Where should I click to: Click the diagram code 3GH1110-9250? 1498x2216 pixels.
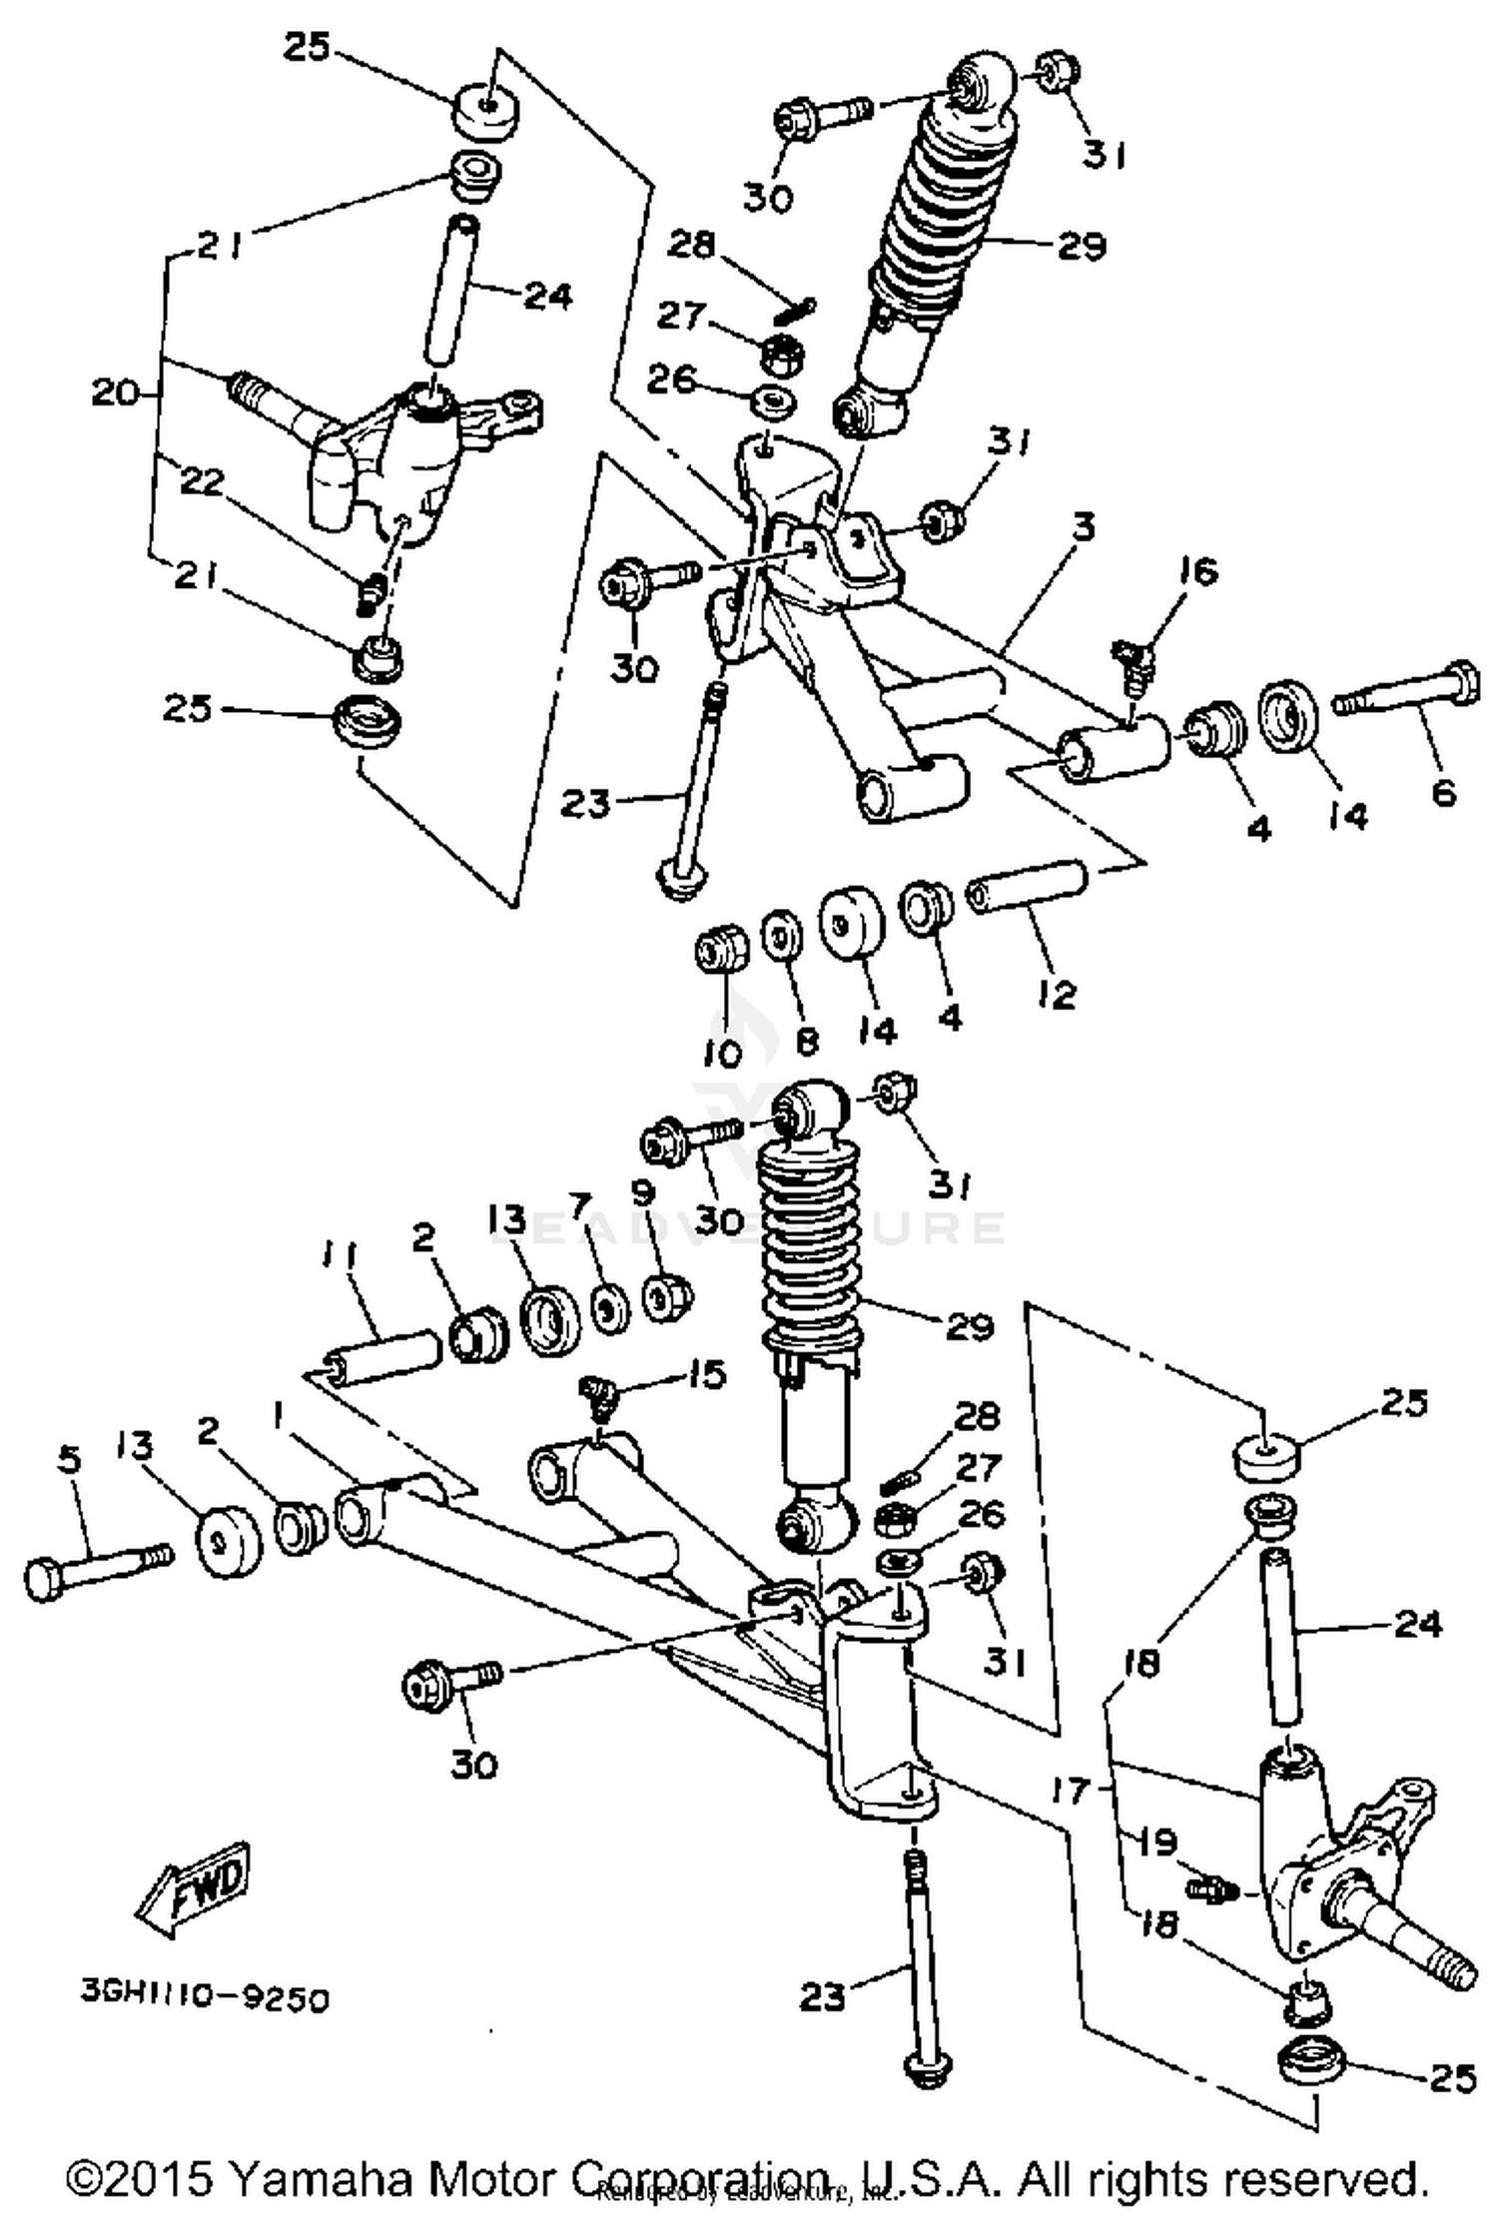click(x=205, y=1999)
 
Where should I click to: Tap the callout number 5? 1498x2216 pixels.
click(x=68, y=1460)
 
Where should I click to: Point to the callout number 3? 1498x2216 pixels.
click(x=1085, y=526)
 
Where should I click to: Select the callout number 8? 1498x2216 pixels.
click(x=806, y=1042)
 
